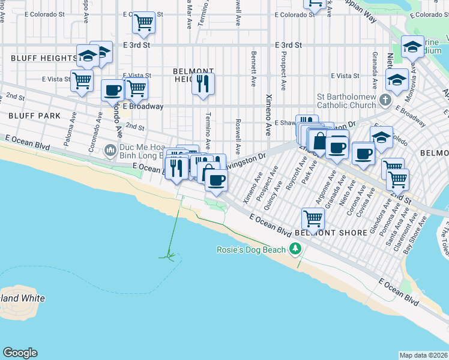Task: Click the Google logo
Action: click(20, 353)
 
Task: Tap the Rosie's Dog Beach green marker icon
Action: click(295, 248)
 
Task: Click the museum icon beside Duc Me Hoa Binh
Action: click(110, 149)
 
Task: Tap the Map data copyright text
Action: click(423, 355)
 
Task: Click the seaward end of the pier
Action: click(170, 257)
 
